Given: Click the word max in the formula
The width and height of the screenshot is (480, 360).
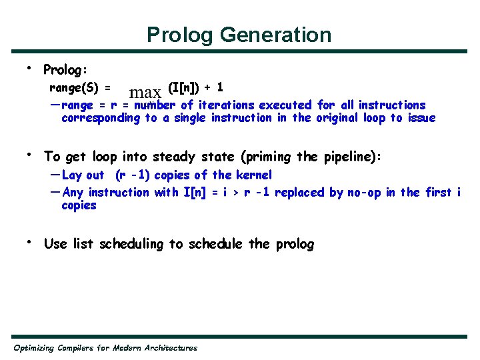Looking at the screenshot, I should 145,93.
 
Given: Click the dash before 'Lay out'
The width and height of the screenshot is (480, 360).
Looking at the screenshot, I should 55,175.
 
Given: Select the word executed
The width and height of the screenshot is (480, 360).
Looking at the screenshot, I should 285,105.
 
